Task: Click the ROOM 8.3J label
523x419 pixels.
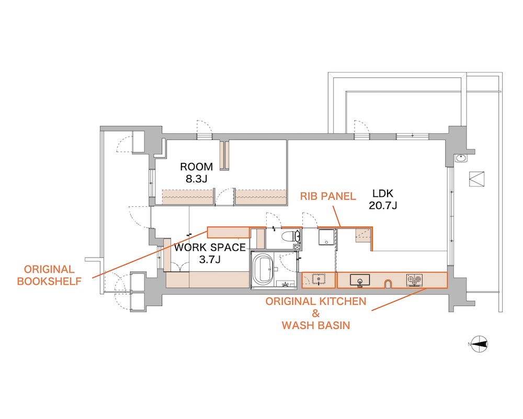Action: coord(196,172)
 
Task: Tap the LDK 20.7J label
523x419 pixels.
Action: coord(383,199)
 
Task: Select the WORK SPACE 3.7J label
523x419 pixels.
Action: coord(210,253)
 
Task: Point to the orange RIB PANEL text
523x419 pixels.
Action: coord(328,196)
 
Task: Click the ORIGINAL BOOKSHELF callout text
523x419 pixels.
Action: coord(49,275)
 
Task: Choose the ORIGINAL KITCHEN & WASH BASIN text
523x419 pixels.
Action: coord(315,313)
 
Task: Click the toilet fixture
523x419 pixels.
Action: coord(290,237)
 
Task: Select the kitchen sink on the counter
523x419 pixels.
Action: coord(360,280)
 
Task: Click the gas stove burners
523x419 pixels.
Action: coord(414,280)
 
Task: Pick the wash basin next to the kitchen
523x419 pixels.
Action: coord(319,279)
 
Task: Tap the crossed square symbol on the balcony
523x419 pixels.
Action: coord(476,179)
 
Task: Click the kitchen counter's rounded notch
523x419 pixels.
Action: coord(388,284)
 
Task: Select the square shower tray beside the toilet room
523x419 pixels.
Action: coord(326,237)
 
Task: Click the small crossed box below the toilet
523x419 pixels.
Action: coord(297,247)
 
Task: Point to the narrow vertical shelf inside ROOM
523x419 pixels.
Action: coord(224,156)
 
